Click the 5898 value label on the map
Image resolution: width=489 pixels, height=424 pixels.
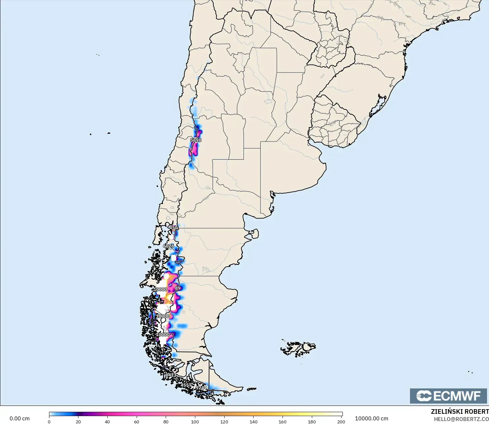click(196, 140)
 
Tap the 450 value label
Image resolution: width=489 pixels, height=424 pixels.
click(173, 228)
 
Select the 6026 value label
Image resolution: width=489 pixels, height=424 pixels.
click(169, 246)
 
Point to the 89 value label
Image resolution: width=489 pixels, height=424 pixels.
click(178, 288)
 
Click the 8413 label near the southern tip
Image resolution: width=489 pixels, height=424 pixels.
click(171, 375)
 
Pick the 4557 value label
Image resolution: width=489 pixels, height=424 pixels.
click(186, 385)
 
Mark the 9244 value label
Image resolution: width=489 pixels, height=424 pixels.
click(201, 388)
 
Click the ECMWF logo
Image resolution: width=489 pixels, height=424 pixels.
click(448, 396)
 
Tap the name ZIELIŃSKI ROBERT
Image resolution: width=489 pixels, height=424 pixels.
click(460, 412)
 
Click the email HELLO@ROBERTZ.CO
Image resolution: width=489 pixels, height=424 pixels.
click(461, 419)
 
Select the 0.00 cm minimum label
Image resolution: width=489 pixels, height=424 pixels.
click(19, 419)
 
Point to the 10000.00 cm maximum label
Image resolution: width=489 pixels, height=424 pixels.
click(371, 419)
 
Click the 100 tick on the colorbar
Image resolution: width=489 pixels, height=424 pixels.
click(195, 422)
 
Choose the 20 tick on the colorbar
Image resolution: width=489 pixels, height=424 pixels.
click(78, 422)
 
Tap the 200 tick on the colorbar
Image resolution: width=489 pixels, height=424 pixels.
click(341, 422)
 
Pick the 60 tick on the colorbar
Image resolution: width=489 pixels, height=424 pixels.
click(137, 422)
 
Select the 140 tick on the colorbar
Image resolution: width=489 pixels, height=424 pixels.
click(253, 422)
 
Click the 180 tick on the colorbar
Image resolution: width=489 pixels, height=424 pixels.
click(312, 422)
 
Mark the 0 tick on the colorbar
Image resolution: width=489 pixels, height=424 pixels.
click(49, 422)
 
